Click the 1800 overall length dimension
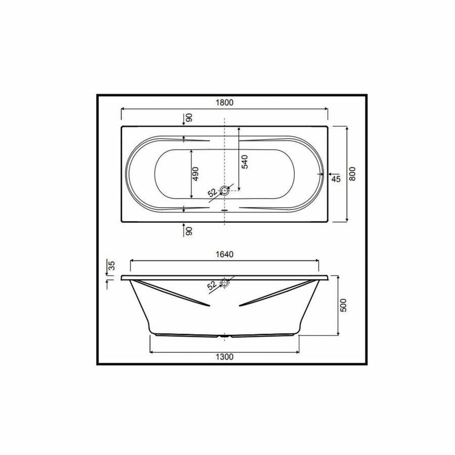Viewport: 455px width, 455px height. (225, 103)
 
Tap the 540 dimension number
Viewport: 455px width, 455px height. (244, 162)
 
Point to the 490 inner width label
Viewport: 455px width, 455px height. (197, 173)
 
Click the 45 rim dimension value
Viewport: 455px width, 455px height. (335, 178)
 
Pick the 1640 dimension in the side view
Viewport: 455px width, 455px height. (225, 255)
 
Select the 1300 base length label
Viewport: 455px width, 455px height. (225, 356)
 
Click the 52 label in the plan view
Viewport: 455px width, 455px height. (212, 193)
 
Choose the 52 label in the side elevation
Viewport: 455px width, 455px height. (212, 286)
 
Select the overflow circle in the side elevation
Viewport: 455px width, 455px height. (225, 284)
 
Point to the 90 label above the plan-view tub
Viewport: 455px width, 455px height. (188, 118)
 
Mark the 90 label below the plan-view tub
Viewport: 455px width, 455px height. (188, 231)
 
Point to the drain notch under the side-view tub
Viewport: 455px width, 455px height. (225, 336)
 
